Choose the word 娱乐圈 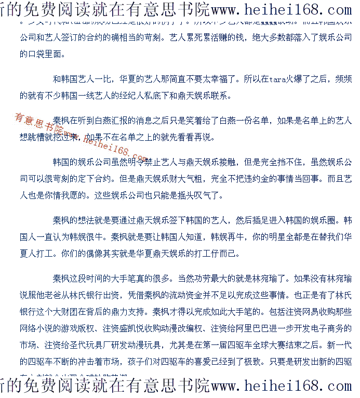coord(328,220)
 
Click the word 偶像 coord(96,254)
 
